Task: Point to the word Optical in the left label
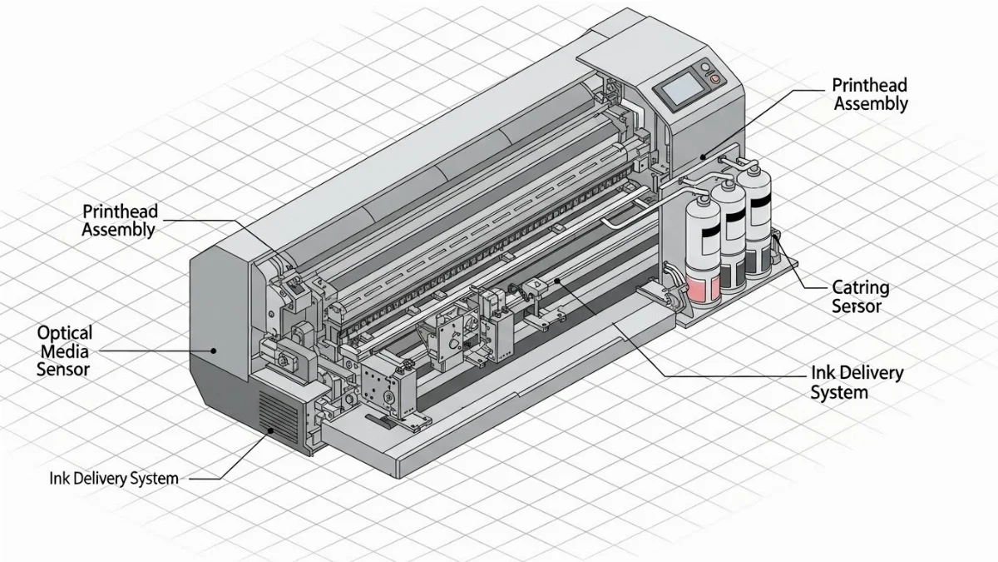pos(65,332)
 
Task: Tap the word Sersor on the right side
pos(857,306)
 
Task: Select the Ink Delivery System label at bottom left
pos(113,479)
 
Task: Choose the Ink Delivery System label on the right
pos(856,382)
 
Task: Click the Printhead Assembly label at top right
pos(870,94)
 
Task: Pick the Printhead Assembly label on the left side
pos(119,220)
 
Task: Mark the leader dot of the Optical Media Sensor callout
pos(214,351)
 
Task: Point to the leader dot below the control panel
pos(703,156)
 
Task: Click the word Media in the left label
pos(64,351)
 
